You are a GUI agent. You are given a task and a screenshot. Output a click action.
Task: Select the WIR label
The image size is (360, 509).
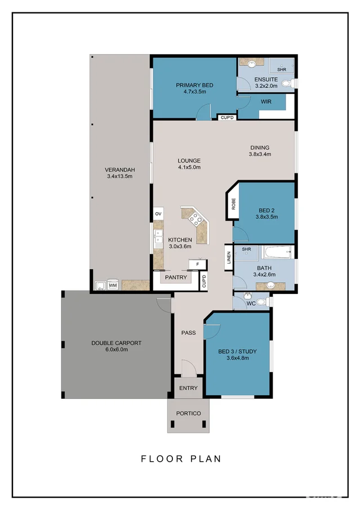[x=266, y=102]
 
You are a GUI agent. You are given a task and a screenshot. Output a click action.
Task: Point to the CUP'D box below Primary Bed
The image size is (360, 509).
[x=226, y=118]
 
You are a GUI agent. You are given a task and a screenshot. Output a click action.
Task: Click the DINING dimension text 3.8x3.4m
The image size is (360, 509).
[x=260, y=154]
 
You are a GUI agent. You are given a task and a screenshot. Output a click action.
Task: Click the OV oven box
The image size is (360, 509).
[x=158, y=215]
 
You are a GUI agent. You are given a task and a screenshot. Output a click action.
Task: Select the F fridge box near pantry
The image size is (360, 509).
[x=197, y=264]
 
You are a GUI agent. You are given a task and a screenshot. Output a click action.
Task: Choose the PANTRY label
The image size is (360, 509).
[x=176, y=278]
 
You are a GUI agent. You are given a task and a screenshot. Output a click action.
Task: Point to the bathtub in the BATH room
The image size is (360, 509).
[x=279, y=252]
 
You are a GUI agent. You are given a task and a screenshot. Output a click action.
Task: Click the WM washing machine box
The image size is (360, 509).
[x=113, y=285]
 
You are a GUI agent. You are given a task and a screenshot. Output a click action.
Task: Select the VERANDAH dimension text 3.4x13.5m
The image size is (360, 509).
[x=119, y=177]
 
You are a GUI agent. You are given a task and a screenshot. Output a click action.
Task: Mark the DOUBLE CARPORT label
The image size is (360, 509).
[x=117, y=343]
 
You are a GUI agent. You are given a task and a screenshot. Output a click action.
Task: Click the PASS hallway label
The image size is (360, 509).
[x=188, y=333]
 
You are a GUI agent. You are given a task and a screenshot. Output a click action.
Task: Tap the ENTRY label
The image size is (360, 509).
[x=188, y=388]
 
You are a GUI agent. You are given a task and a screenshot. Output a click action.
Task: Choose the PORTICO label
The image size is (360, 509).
[x=188, y=413]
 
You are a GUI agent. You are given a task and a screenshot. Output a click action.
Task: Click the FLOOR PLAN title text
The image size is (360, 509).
[x=180, y=459]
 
